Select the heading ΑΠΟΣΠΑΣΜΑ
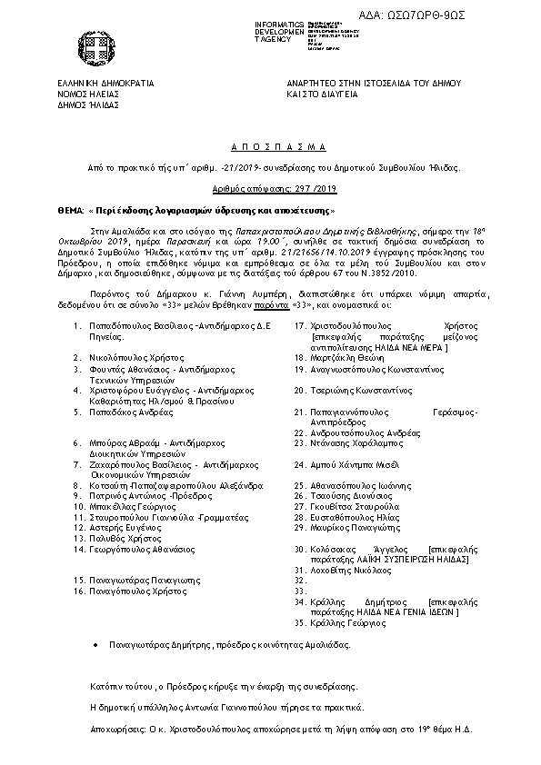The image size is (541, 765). click(x=270, y=147)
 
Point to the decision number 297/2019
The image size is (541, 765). click(x=270, y=191)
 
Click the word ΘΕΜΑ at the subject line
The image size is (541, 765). click(x=69, y=209)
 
